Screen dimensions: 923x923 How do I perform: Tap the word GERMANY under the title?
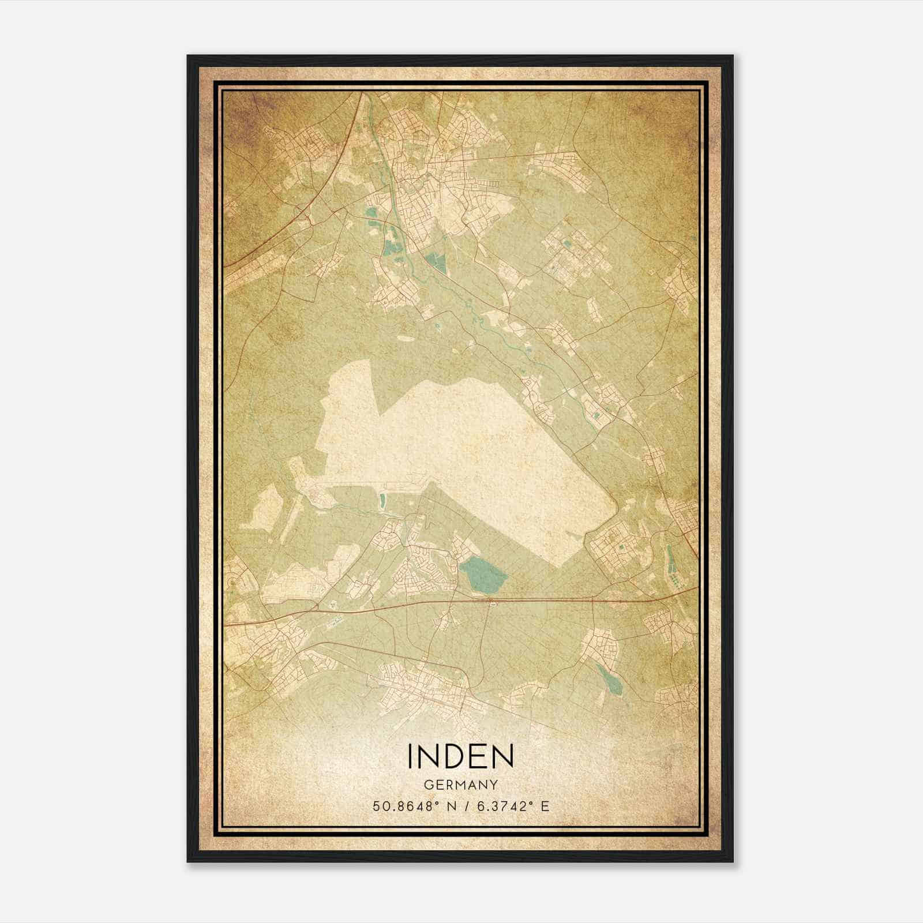coord(460,785)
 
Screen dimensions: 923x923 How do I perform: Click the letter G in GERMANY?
coord(427,785)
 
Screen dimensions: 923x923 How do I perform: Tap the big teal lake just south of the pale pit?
coord(483,575)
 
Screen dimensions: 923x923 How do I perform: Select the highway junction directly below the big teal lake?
coord(491,602)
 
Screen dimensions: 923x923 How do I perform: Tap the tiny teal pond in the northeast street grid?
coord(566,245)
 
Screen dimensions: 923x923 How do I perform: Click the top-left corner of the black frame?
coord(187,56)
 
